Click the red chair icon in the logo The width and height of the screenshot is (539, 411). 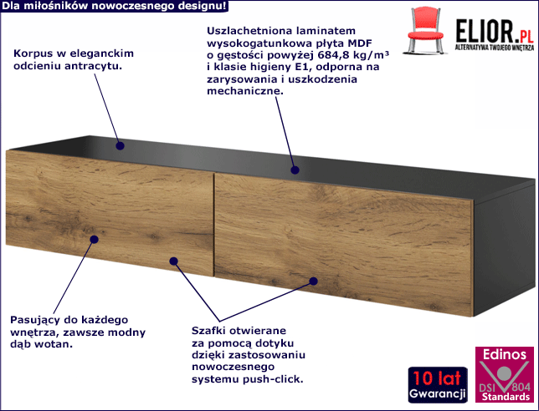pos(425,31)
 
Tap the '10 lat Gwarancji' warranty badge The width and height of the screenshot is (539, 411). pos(438,385)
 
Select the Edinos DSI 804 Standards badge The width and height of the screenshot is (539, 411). pos(505,374)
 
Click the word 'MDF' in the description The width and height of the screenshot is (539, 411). pos(360,43)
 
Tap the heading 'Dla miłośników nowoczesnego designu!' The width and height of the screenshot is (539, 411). pos(114,6)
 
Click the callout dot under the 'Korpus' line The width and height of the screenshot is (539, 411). pos(120,146)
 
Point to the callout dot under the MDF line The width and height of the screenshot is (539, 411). pos(295,170)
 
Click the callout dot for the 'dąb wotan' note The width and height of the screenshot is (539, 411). pos(94,239)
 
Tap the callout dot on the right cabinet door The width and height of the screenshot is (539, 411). pos(313,282)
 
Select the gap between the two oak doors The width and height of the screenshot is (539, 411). pos(213,225)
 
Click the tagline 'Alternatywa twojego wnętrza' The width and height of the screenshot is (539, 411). pos(495,48)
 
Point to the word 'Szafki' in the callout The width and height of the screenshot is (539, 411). pos(208,331)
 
